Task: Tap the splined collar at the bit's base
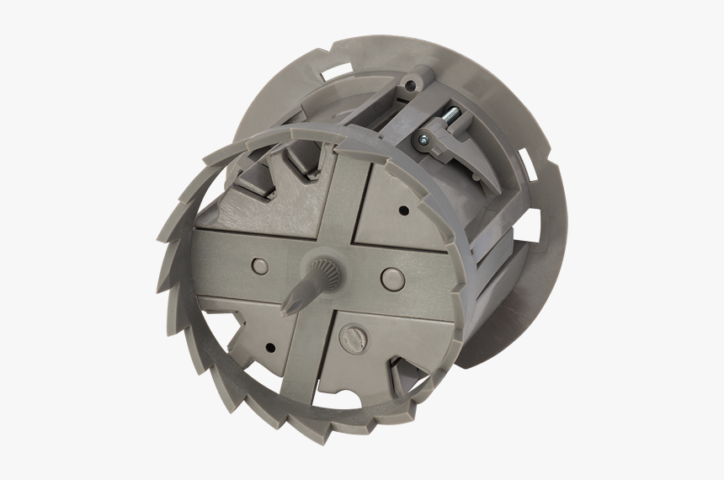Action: coord(321,271)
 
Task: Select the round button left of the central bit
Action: coord(260,266)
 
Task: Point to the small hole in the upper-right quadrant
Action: coord(404,210)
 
